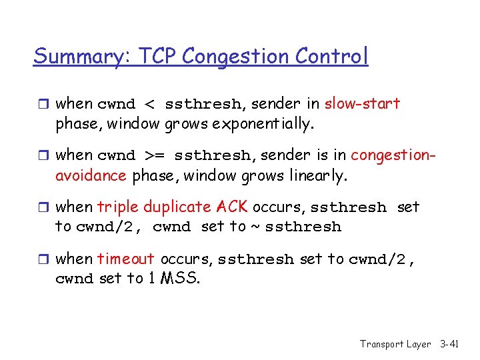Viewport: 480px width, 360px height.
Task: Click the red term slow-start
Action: click(362, 104)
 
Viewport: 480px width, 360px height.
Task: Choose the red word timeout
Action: click(125, 259)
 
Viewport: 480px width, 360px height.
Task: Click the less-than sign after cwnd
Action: click(149, 105)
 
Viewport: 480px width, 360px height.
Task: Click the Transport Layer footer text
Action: click(395, 344)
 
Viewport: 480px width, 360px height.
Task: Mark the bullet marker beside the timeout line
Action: click(45, 259)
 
